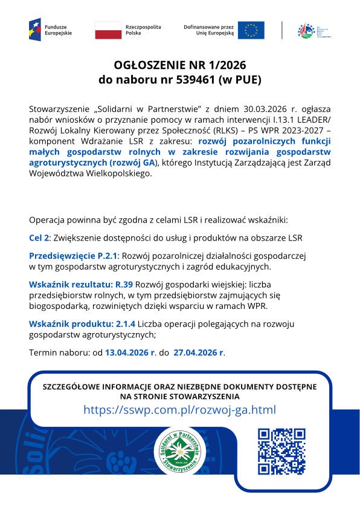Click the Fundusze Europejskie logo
[x=50, y=29]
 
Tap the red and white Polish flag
[x=108, y=30]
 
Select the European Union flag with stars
[x=251, y=30]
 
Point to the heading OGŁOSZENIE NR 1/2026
[x=181, y=65]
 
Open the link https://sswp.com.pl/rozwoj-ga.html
[x=179, y=410]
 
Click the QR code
[x=281, y=451]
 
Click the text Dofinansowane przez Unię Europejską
[x=208, y=30]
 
